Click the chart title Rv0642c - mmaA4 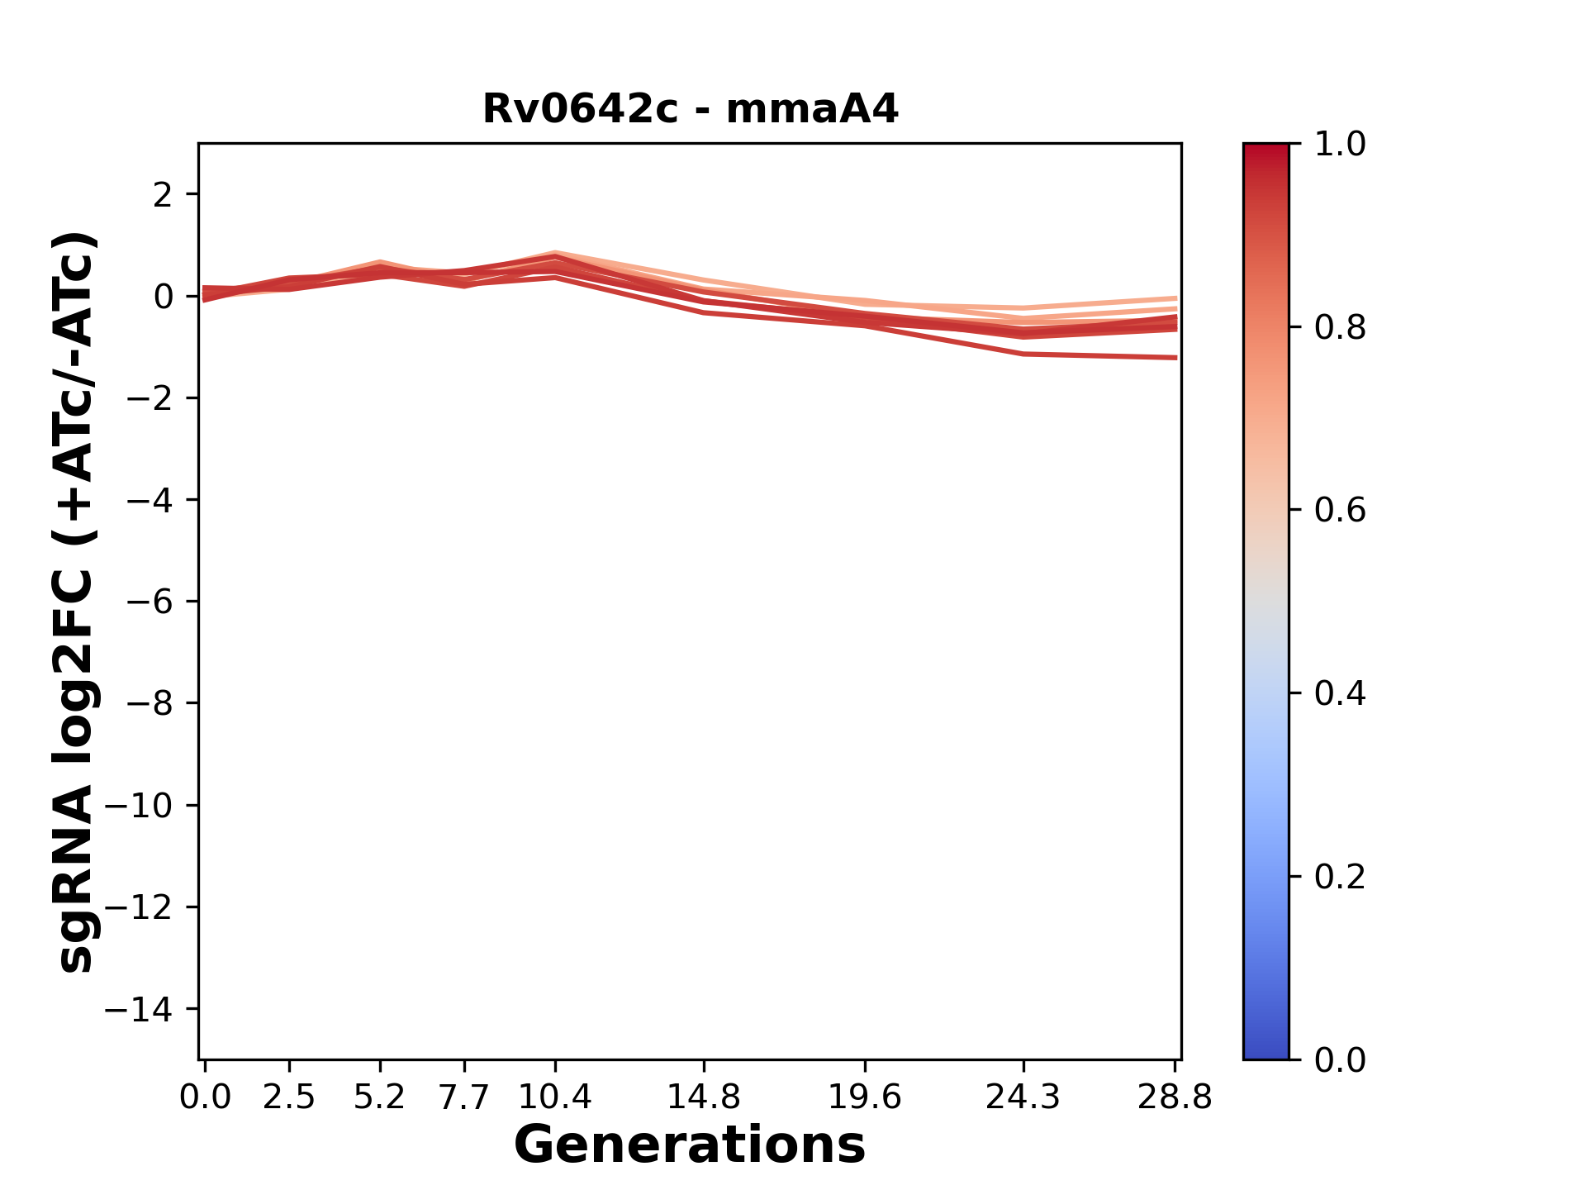(x=690, y=109)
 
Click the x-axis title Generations (x=690, y=1145)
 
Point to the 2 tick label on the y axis (x=163, y=195)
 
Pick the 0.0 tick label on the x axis (x=205, y=1097)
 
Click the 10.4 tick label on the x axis (x=554, y=1097)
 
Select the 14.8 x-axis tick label (x=703, y=1097)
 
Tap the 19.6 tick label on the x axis (x=865, y=1097)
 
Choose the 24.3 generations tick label (x=1023, y=1097)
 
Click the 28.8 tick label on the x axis (x=1175, y=1097)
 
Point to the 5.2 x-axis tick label (x=379, y=1097)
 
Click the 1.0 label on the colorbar (x=1340, y=145)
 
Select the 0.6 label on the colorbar (x=1340, y=511)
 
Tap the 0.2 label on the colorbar (x=1340, y=877)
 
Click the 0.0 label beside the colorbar (x=1340, y=1060)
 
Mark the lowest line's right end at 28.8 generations (x=1175, y=357)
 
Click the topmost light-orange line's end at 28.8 (x=1175, y=298)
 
